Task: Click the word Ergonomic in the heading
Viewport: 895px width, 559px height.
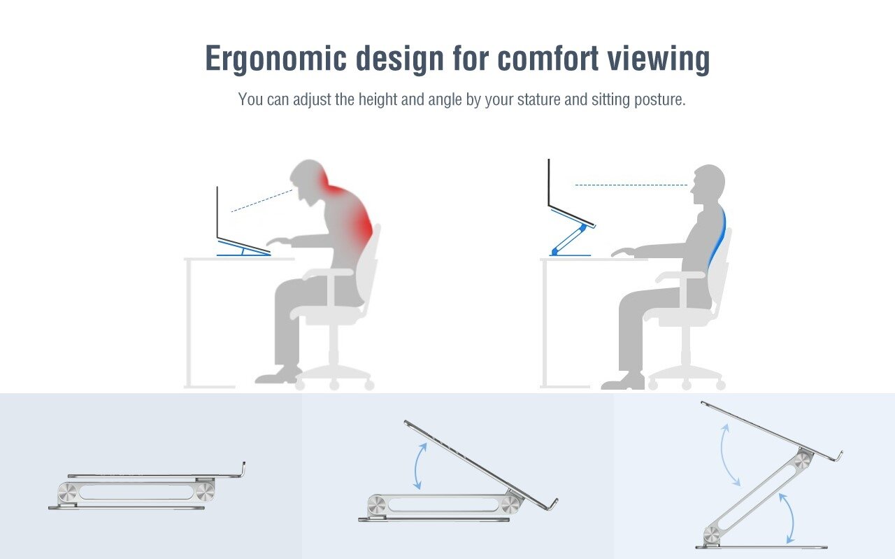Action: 275,59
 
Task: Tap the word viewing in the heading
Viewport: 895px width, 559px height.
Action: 659,59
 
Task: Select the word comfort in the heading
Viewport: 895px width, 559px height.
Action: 547,58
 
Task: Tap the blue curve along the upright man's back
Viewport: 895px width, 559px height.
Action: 717,236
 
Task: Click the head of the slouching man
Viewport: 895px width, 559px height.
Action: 308,181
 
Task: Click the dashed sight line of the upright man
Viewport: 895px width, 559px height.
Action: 631,185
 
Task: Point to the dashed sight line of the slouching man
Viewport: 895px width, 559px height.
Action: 262,201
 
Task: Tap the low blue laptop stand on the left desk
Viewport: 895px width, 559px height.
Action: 244,248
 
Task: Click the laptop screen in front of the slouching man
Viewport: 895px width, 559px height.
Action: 217,213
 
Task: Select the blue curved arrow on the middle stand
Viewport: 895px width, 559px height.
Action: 418,466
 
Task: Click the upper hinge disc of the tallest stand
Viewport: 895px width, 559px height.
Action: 802,460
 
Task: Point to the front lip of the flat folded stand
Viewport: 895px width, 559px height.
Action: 243,469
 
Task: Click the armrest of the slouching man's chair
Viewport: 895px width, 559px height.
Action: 329,273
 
